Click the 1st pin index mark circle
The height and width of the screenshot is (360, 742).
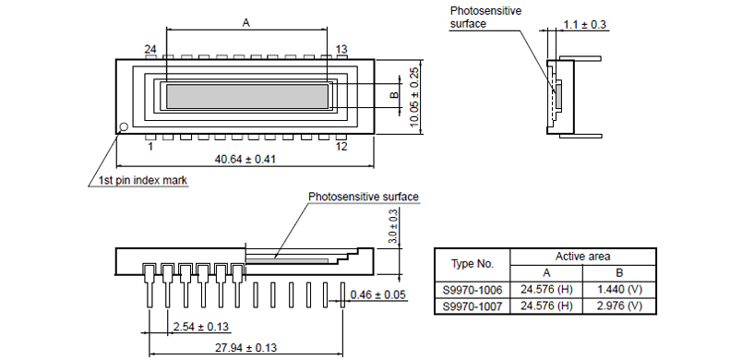[x=124, y=126]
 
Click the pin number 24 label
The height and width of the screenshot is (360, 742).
[x=150, y=49]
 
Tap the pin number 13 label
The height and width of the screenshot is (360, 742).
[x=341, y=49]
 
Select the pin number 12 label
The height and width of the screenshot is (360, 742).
[x=341, y=146]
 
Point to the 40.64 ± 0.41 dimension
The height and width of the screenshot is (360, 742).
[x=245, y=159]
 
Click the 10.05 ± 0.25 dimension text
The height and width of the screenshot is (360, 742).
[x=414, y=97]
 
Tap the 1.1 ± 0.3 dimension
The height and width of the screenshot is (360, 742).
[x=585, y=25]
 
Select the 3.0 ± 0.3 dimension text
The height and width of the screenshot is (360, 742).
[x=393, y=228]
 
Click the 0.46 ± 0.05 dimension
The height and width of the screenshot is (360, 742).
[x=378, y=295]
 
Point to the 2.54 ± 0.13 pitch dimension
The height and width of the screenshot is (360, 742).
[x=200, y=327]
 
